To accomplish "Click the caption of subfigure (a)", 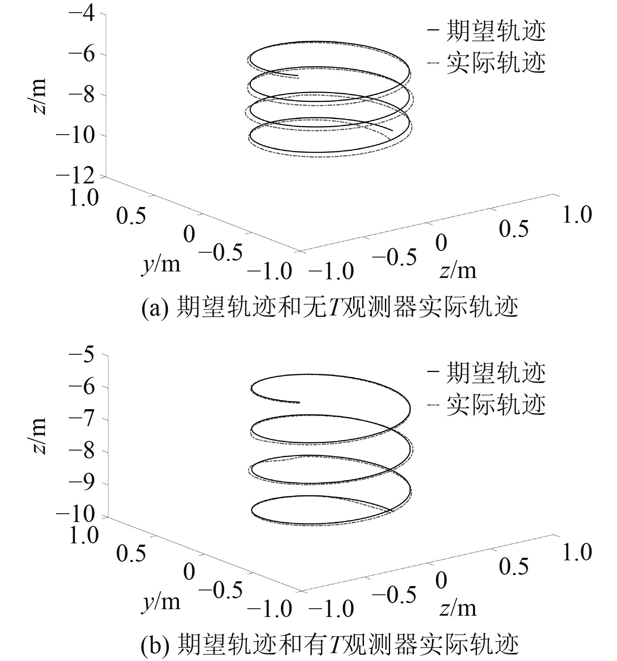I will click(x=330, y=308).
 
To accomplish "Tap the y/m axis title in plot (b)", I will click(x=161, y=602).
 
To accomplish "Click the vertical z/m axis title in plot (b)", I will click(x=39, y=435).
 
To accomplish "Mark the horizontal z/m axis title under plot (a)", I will click(x=458, y=271).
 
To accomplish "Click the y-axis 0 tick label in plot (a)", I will click(x=189, y=234).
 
